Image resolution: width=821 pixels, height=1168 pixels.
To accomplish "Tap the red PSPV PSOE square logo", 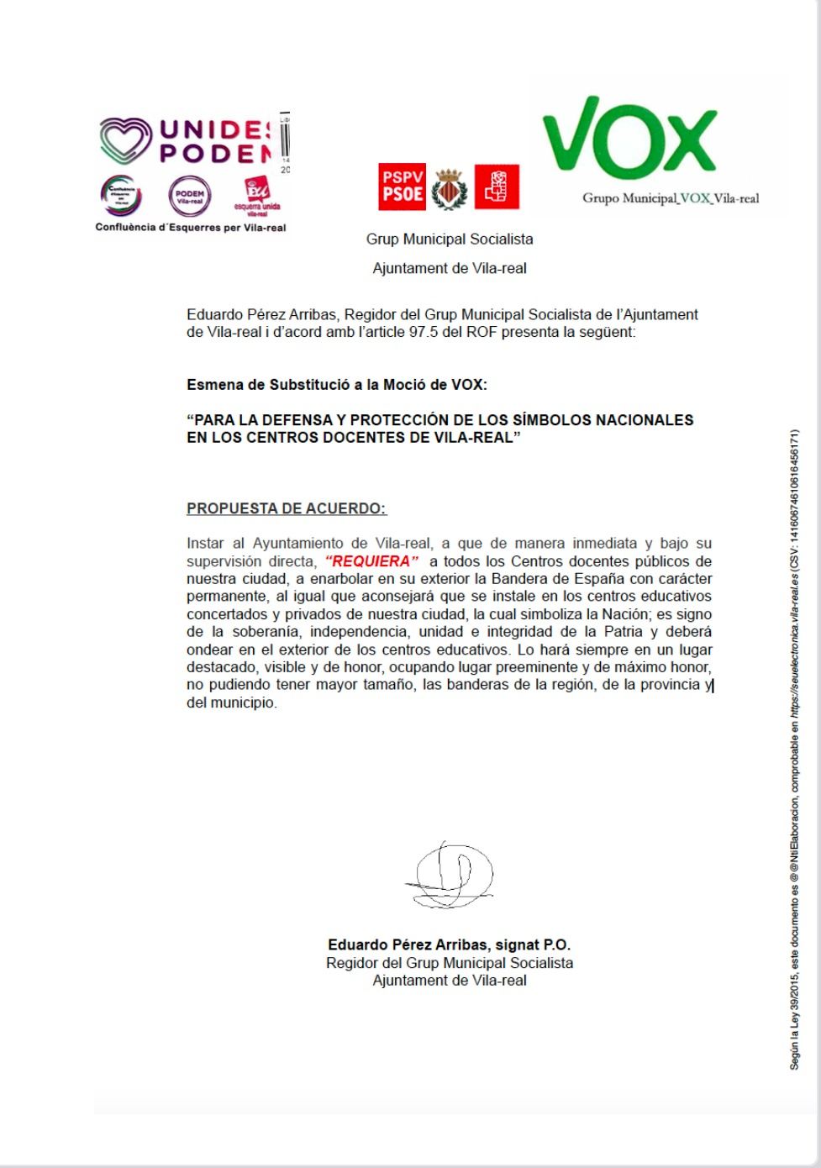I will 402,187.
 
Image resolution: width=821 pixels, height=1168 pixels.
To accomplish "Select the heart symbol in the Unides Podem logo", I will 126,140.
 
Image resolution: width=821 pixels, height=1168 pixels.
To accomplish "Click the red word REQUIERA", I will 371,561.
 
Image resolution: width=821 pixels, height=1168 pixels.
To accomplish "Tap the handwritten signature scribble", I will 449,876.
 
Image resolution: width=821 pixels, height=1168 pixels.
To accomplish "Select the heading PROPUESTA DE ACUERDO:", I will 287,508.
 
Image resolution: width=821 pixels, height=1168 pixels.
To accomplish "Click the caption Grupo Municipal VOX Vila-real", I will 671,199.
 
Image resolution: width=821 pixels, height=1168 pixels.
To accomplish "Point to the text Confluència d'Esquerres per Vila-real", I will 191,228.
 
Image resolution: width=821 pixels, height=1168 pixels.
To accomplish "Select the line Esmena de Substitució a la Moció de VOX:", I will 337,385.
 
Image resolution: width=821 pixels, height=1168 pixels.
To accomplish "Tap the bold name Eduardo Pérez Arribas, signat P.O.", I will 449,944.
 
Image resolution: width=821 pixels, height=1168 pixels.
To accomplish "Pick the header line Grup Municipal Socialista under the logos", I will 450,239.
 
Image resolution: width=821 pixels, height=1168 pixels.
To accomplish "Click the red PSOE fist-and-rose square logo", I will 497,187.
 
